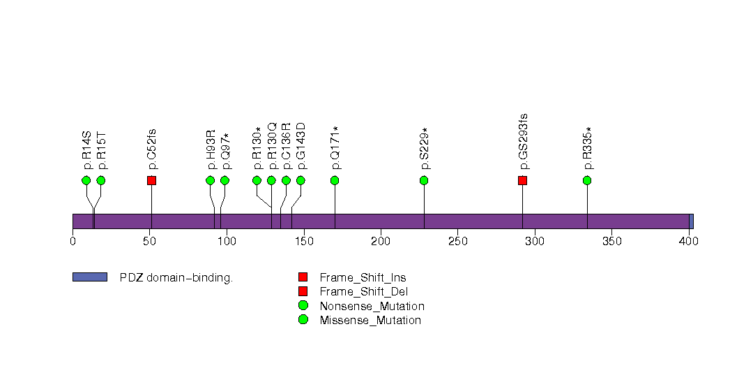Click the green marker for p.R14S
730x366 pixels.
86,180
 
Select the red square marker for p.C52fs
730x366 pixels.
151,180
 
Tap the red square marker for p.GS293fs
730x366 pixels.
522,180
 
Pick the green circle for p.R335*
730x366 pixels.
587,180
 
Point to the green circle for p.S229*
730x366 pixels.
424,180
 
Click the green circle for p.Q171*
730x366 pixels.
335,180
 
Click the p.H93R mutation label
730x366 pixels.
211,149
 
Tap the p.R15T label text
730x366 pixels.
102,149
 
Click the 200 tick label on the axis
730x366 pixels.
381,242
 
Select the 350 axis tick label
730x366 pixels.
611,242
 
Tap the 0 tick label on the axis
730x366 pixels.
73,242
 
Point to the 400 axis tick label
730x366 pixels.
689,242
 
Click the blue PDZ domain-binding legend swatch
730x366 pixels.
89,277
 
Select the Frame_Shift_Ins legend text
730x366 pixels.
363,277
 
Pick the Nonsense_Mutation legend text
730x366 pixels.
372,306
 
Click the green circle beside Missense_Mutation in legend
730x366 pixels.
303,320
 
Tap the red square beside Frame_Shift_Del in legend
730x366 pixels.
303,291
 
